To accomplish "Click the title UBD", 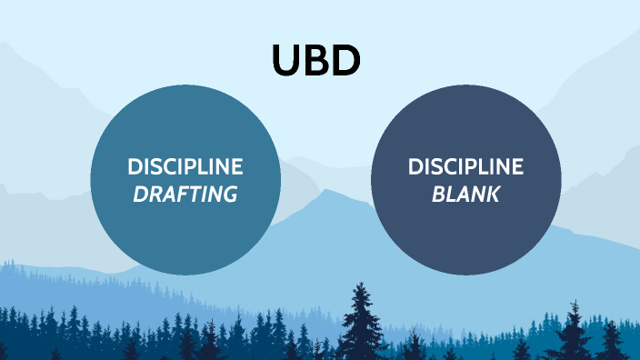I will (316, 60).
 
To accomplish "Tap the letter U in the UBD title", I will (285, 60).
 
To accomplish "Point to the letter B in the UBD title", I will (315, 60).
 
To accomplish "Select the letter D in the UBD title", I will (346, 60).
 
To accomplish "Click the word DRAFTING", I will (185, 194).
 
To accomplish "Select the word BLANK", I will (466, 194).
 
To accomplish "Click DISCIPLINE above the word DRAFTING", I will (185, 167).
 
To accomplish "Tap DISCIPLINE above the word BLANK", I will (466, 167).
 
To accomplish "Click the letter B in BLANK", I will (438, 194).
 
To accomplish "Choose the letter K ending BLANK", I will (493, 194).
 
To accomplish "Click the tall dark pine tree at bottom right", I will (574, 332).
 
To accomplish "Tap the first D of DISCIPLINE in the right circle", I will (415, 167).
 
